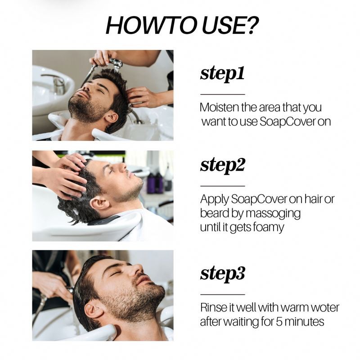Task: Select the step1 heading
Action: pos(222,73)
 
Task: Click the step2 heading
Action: pos(223,165)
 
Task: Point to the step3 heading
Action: pos(223,273)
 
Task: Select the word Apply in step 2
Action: pos(215,199)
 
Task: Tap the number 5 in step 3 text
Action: pos(279,322)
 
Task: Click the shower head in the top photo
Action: pos(116,63)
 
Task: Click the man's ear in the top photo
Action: pos(112,117)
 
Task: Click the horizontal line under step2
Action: pos(222,186)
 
